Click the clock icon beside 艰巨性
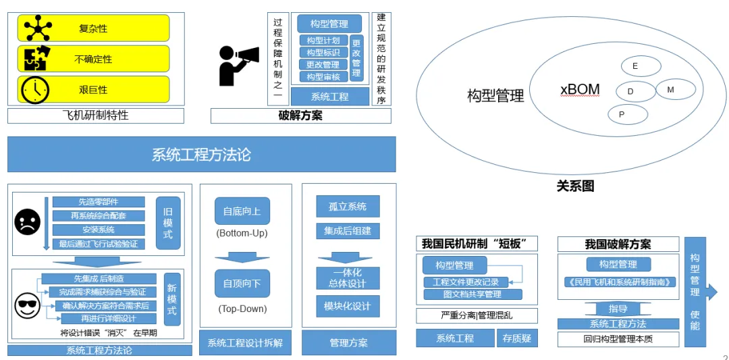[35, 90]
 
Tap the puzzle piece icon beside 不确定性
[35, 59]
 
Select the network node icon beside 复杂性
[38, 28]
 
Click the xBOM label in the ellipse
[580, 90]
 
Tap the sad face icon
[28, 222]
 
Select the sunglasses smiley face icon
[28, 305]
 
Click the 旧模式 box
[167, 224]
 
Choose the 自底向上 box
[242, 211]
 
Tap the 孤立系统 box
[348, 206]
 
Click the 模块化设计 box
[348, 306]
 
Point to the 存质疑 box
[517, 338]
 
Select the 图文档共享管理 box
[473, 294]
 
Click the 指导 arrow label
[618, 309]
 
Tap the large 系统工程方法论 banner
[201, 155]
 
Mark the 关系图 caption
[575, 186]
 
